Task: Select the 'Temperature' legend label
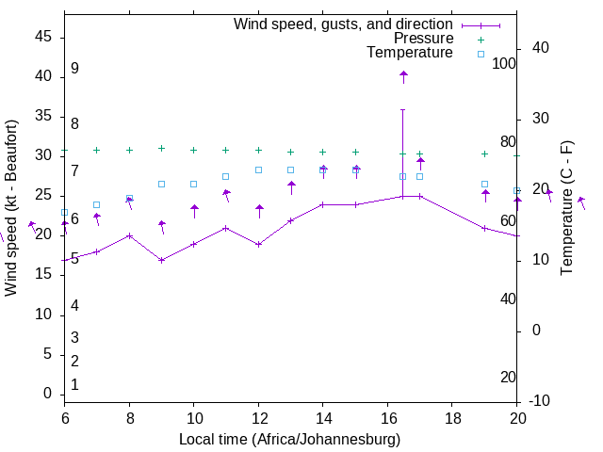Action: tap(410, 53)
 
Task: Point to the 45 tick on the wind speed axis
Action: tap(43, 37)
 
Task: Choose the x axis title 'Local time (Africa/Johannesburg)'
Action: tap(290, 440)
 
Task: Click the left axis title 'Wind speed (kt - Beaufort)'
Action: tap(11, 208)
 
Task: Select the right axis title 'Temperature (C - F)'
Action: tap(566, 208)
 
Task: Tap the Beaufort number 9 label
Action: tap(74, 69)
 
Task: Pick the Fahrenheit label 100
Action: tap(504, 64)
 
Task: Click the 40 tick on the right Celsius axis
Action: tap(541, 48)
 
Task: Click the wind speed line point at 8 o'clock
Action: tap(129, 235)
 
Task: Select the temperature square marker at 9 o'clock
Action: tap(161, 184)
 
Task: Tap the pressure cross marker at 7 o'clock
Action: tap(96, 150)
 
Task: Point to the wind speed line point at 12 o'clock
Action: tap(258, 244)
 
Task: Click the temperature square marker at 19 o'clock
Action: tap(484, 185)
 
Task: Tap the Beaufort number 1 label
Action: tap(74, 384)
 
